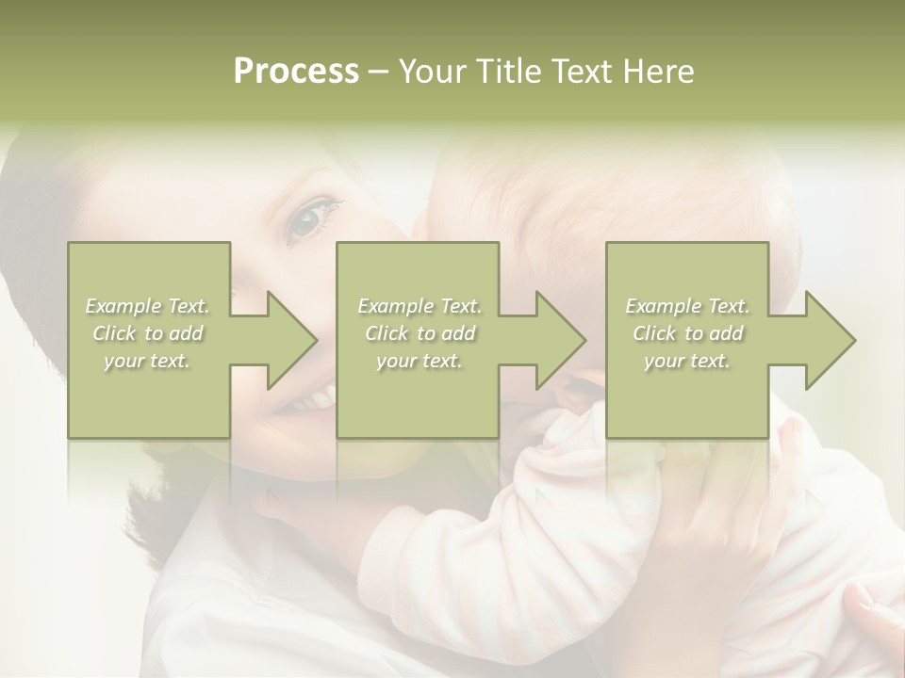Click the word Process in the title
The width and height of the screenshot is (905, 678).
296,72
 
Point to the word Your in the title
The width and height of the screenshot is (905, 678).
431,72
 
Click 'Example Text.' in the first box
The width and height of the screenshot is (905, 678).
148,306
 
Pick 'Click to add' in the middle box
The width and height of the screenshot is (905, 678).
420,333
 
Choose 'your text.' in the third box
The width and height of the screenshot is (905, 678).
687,361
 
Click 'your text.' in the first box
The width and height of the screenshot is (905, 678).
148,361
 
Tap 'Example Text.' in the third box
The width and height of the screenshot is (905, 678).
687,306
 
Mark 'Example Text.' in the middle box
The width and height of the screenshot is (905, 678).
420,306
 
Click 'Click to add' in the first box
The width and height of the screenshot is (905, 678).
148,333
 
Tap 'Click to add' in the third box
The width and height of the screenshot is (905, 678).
687,333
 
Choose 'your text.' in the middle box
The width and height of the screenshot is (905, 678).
420,361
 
